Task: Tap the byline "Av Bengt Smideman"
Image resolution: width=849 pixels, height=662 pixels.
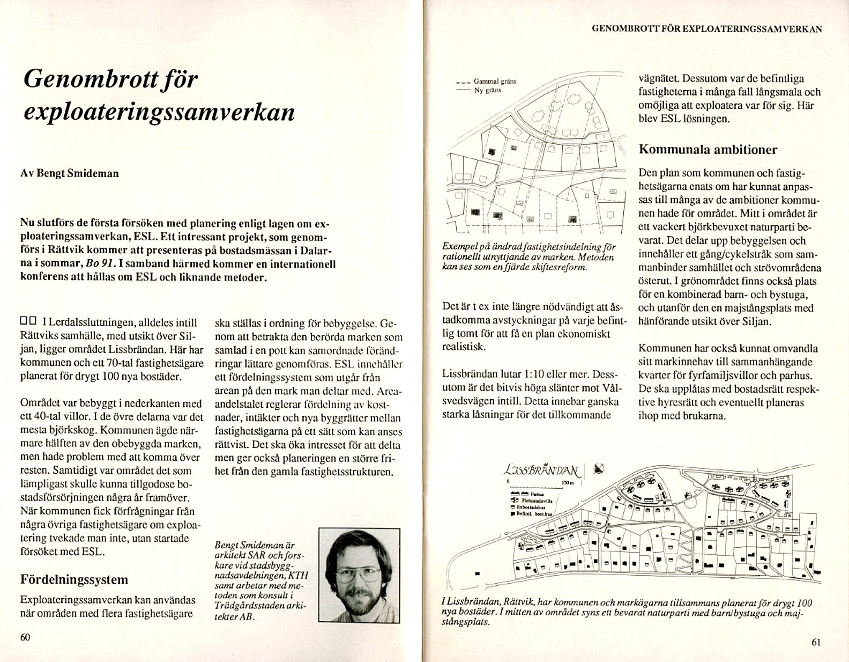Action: (70, 173)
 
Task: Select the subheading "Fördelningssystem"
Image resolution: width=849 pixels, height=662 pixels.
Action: (74, 579)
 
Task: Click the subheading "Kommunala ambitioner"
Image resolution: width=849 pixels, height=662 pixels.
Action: (707, 150)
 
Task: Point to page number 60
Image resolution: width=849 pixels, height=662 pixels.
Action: (25, 637)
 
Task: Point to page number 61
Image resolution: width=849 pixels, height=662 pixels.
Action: (816, 642)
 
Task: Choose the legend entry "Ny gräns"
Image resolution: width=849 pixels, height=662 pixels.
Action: (487, 90)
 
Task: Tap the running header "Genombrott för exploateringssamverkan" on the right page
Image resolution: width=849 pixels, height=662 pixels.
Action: (706, 29)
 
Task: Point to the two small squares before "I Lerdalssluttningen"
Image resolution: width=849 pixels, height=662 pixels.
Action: (28, 322)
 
